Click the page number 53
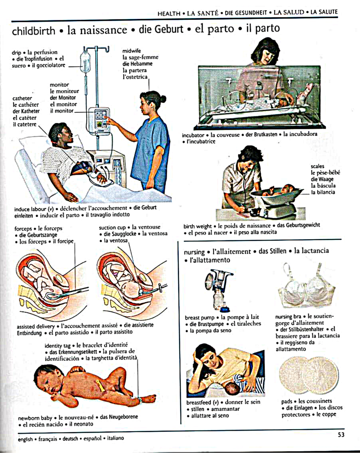[x=341, y=435]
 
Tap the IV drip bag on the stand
[x=85, y=62]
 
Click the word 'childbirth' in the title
[x=34, y=31]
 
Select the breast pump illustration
[x=219, y=290]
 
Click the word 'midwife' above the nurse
[x=131, y=51]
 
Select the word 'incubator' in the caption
[x=193, y=135]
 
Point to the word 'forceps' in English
[x=23, y=229]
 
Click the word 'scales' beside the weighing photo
[x=318, y=166]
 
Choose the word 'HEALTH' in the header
[x=169, y=13]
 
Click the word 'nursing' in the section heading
[x=194, y=252]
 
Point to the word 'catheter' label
[x=22, y=98]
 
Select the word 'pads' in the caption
[x=287, y=401]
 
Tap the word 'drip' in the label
[x=16, y=53]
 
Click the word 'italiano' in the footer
[x=115, y=438]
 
